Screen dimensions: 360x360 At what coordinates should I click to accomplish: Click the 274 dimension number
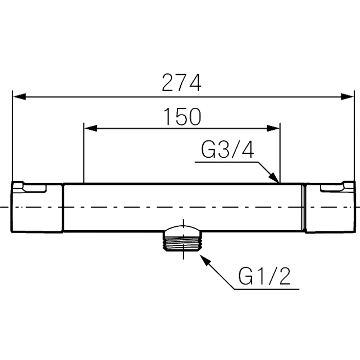point(182,83)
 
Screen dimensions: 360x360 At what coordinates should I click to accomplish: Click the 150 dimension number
point(183,117)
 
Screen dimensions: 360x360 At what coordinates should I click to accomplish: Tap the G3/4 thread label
point(228,150)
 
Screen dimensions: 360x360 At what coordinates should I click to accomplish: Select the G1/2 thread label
point(264,276)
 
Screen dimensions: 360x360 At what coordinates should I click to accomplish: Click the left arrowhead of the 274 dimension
point(19,96)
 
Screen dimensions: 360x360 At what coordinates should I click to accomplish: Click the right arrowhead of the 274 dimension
point(347,96)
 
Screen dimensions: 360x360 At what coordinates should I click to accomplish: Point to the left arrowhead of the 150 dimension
point(91,128)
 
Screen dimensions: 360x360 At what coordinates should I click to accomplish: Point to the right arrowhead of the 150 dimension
point(273,128)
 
